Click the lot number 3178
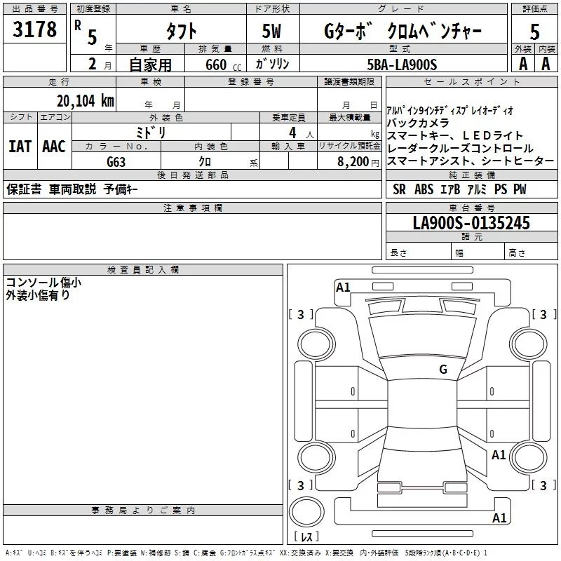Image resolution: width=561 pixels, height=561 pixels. pyautogui.click(x=35, y=30)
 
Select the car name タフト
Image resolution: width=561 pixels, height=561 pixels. pyautogui.click(x=180, y=32)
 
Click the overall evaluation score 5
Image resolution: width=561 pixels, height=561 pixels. pyautogui.click(x=534, y=32)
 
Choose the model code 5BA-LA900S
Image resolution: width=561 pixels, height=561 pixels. pyautogui.click(x=402, y=65)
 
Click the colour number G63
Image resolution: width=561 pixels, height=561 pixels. pyautogui.click(x=116, y=161)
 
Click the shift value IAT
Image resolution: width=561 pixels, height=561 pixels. pyautogui.click(x=20, y=147)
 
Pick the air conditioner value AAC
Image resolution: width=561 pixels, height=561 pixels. pyautogui.click(x=54, y=147)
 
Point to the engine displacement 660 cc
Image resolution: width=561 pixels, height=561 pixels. pyautogui.click(x=212, y=65)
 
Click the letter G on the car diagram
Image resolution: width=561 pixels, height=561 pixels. pyautogui.click(x=442, y=369)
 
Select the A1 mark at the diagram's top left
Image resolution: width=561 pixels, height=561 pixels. pyautogui.click(x=343, y=287)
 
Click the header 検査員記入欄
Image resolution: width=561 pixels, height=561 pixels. pyautogui.click(x=143, y=269)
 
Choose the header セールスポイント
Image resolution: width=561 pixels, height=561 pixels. pyautogui.click(x=472, y=82)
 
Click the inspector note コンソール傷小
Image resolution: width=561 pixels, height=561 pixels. pyautogui.click(x=43, y=283)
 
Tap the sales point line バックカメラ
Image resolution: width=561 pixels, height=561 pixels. pyautogui.click(x=418, y=123)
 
